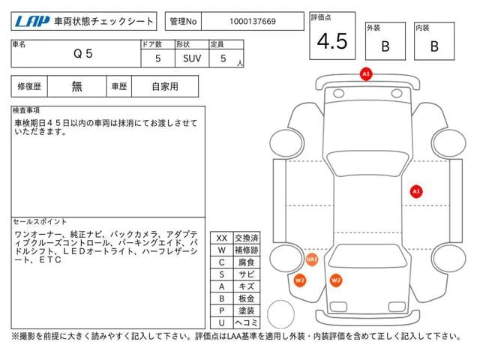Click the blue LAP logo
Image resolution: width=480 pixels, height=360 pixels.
32,22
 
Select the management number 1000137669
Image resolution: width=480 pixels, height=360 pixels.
253,22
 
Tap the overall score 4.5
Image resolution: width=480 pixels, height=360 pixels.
332,41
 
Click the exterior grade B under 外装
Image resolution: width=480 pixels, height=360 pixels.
385,46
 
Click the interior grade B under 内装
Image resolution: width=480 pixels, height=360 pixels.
434,46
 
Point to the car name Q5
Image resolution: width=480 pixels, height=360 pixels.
83,54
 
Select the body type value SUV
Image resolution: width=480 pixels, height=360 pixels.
192,58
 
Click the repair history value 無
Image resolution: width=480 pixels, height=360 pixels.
76,87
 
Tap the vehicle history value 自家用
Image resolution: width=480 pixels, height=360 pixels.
165,87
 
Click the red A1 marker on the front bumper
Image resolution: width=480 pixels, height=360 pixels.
366,74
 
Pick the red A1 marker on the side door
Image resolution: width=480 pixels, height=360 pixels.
416,192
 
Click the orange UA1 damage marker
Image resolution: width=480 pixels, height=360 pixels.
312,259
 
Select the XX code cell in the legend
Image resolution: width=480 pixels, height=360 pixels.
222,238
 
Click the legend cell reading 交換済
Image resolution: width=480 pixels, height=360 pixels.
247,238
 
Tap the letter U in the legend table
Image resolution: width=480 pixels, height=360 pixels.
222,323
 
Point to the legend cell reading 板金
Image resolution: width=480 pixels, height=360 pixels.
247,298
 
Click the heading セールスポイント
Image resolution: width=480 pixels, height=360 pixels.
40,222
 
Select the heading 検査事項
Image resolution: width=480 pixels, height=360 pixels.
26,110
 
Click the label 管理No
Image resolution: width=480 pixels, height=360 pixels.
183,22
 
